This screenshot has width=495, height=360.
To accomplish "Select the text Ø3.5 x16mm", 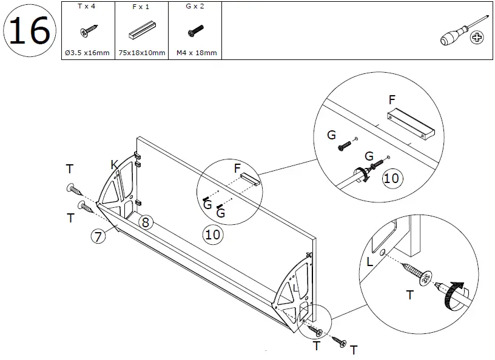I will click(x=87, y=53).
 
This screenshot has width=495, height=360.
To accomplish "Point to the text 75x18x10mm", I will click(x=141, y=53).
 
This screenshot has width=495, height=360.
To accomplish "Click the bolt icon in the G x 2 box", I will click(x=196, y=31).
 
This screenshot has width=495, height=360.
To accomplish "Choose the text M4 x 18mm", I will click(x=196, y=53).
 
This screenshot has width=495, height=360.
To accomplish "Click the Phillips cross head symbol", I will click(x=478, y=38).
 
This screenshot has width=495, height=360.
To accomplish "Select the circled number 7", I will click(x=98, y=237).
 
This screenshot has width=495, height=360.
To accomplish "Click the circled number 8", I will click(x=145, y=222).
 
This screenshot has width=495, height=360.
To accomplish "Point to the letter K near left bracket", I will click(x=114, y=164).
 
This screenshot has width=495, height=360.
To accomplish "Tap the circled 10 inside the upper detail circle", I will click(x=391, y=178).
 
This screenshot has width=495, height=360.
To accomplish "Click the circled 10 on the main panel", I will click(x=212, y=234).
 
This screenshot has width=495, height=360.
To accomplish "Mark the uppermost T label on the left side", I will click(x=70, y=168).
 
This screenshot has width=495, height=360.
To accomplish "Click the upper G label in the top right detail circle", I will click(x=331, y=135).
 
